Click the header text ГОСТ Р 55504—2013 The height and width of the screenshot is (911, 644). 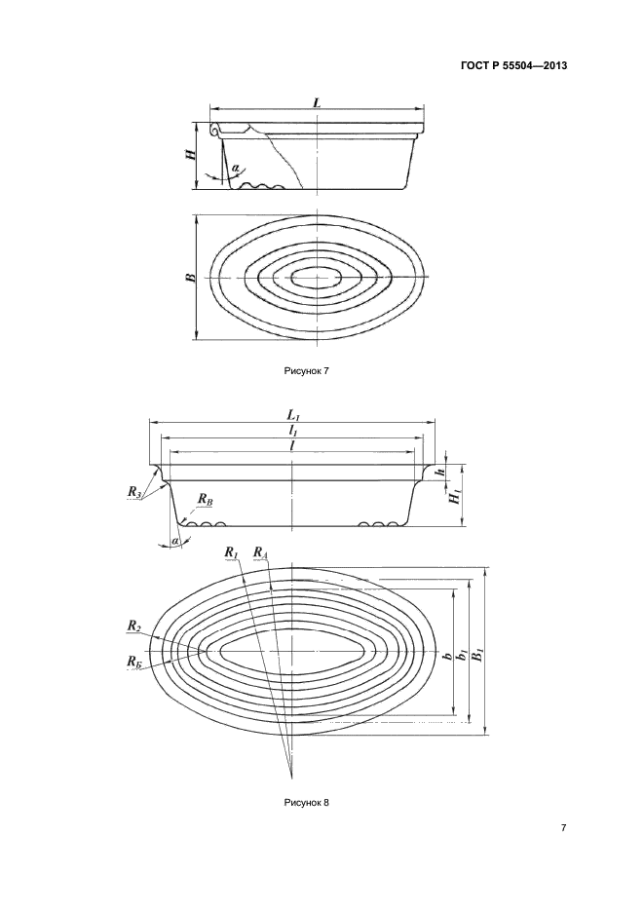(512, 66)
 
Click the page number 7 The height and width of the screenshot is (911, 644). (564, 828)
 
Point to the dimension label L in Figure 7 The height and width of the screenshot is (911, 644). (318, 101)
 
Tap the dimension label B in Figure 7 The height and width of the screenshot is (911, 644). (192, 277)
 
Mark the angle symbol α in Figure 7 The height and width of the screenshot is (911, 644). (236, 168)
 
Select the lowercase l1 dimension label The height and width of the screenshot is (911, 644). (293, 430)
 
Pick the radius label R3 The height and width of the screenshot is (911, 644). (134, 493)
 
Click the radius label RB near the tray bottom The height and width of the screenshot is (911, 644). (204, 499)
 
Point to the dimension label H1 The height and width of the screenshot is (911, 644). (454, 498)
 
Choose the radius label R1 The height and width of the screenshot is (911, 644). (231, 553)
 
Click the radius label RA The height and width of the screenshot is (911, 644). (260, 553)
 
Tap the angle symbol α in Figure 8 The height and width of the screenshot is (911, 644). (175, 540)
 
